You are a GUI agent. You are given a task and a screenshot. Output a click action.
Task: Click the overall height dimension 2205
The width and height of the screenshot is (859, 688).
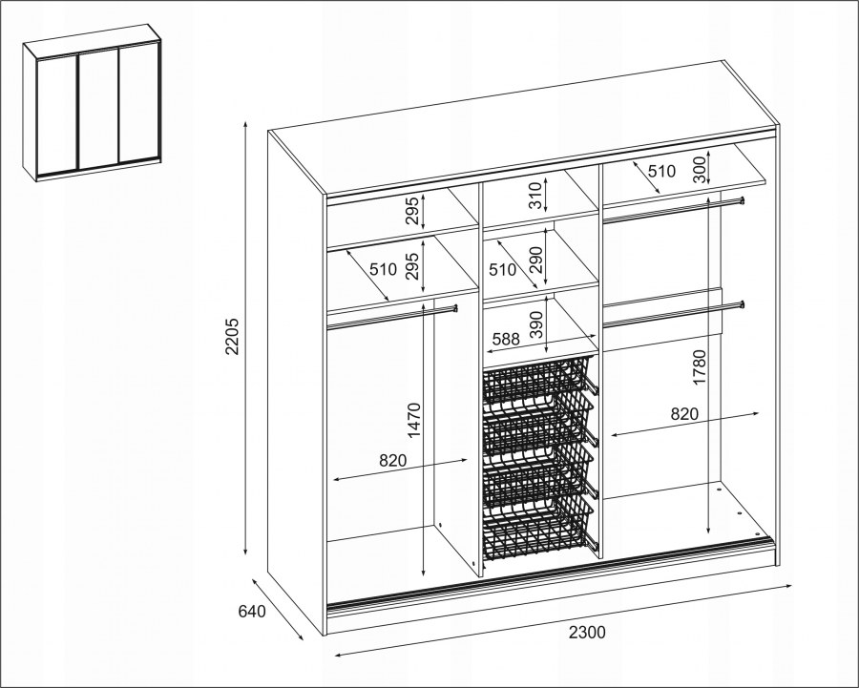pos(233,336)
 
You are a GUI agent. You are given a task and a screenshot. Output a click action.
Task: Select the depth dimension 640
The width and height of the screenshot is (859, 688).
pos(252,611)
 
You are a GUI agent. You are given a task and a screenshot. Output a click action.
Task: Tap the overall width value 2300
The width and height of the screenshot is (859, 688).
pos(587,633)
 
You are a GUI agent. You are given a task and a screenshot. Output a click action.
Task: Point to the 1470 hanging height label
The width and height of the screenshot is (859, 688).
pos(414,420)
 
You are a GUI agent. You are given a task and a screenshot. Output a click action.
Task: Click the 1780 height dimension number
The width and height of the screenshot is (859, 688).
pos(700,367)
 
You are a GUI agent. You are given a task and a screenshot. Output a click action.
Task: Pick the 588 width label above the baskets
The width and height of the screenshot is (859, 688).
pos(506,339)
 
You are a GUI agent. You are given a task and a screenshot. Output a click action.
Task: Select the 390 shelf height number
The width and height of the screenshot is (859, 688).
pos(536,324)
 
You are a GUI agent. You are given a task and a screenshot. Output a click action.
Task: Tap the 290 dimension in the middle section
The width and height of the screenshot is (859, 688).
pos(535,260)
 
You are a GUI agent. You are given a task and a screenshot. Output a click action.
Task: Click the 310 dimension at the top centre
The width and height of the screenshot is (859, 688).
pos(535,196)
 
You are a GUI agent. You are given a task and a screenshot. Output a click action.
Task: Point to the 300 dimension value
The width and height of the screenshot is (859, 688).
pos(700,169)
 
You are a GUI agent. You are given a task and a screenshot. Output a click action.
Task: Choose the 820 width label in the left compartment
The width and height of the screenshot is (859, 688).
pos(393,460)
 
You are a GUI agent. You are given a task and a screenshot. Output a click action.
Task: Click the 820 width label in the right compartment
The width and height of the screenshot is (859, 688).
pos(684,414)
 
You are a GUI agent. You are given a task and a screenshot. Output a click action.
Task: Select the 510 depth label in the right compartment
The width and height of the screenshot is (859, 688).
pos(661,172)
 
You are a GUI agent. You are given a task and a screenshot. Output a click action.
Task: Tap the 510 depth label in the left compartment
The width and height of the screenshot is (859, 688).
pos(383,269)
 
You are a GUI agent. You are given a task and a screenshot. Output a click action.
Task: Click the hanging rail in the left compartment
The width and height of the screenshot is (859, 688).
pos(392,317)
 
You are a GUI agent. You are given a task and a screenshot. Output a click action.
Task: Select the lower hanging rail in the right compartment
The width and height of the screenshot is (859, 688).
pos(673,314)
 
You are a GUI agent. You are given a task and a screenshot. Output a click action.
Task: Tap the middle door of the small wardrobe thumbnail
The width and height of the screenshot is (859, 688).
pos(99,109)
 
